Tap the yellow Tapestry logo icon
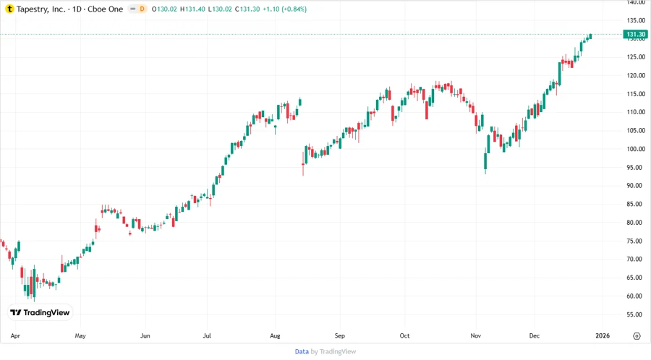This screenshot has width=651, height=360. [x=9, y=9]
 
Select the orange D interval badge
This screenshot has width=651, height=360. [x=142, y=9]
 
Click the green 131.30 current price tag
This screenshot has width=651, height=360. [x=636, y=34]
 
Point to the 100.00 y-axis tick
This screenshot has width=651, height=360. [x=636, y=149]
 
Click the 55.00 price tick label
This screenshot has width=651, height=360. [x=636, y=314]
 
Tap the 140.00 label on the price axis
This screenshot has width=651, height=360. [x=636, y=2]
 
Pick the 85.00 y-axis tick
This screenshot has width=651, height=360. [x=636, y=204]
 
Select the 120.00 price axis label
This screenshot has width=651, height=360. [x=636, y=75]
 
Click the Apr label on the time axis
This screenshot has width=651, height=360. [x=16, y=336]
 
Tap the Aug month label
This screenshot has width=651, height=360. [x=275, y=336]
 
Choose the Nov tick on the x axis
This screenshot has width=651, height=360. [x=475, y=336]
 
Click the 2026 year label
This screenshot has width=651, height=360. [x=603, y=336]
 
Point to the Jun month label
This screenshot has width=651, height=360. [x=145, y=336]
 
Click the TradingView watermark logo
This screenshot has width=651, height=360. [x=40, y=312]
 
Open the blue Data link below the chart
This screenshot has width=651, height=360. [x=302, y=351]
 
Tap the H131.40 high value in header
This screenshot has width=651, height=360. [x=194, y=9]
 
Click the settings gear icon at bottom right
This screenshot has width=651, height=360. [x=637, y=336]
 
